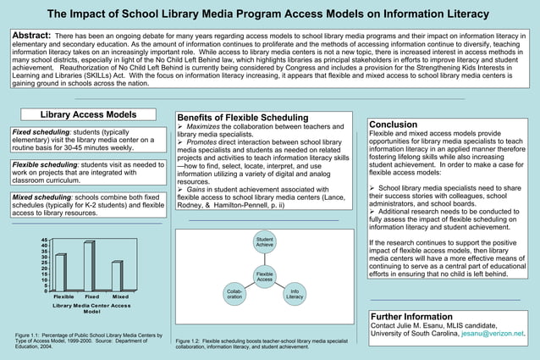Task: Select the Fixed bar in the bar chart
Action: click(89, 267)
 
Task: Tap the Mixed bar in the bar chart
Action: click(117, 276)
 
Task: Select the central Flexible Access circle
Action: click(264, 277)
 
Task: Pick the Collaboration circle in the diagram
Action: click(234, 296)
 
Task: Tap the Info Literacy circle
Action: click(295, 295)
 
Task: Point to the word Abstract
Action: click(30, 35)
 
